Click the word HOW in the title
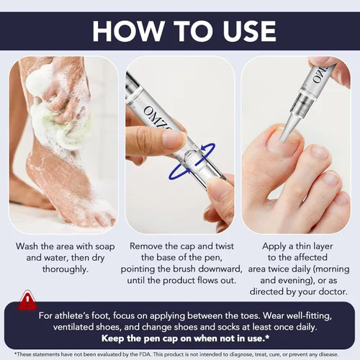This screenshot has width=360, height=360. [127, 31]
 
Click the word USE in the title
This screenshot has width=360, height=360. [250, 31]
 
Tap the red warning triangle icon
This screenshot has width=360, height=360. [28, 300]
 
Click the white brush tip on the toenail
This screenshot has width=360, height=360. [288, 128]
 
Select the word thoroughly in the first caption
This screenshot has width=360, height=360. [66, 269]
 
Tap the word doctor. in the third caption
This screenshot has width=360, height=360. [333, 292]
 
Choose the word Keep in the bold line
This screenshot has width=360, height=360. [112, 338]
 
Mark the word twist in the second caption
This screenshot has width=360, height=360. [225, 246]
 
